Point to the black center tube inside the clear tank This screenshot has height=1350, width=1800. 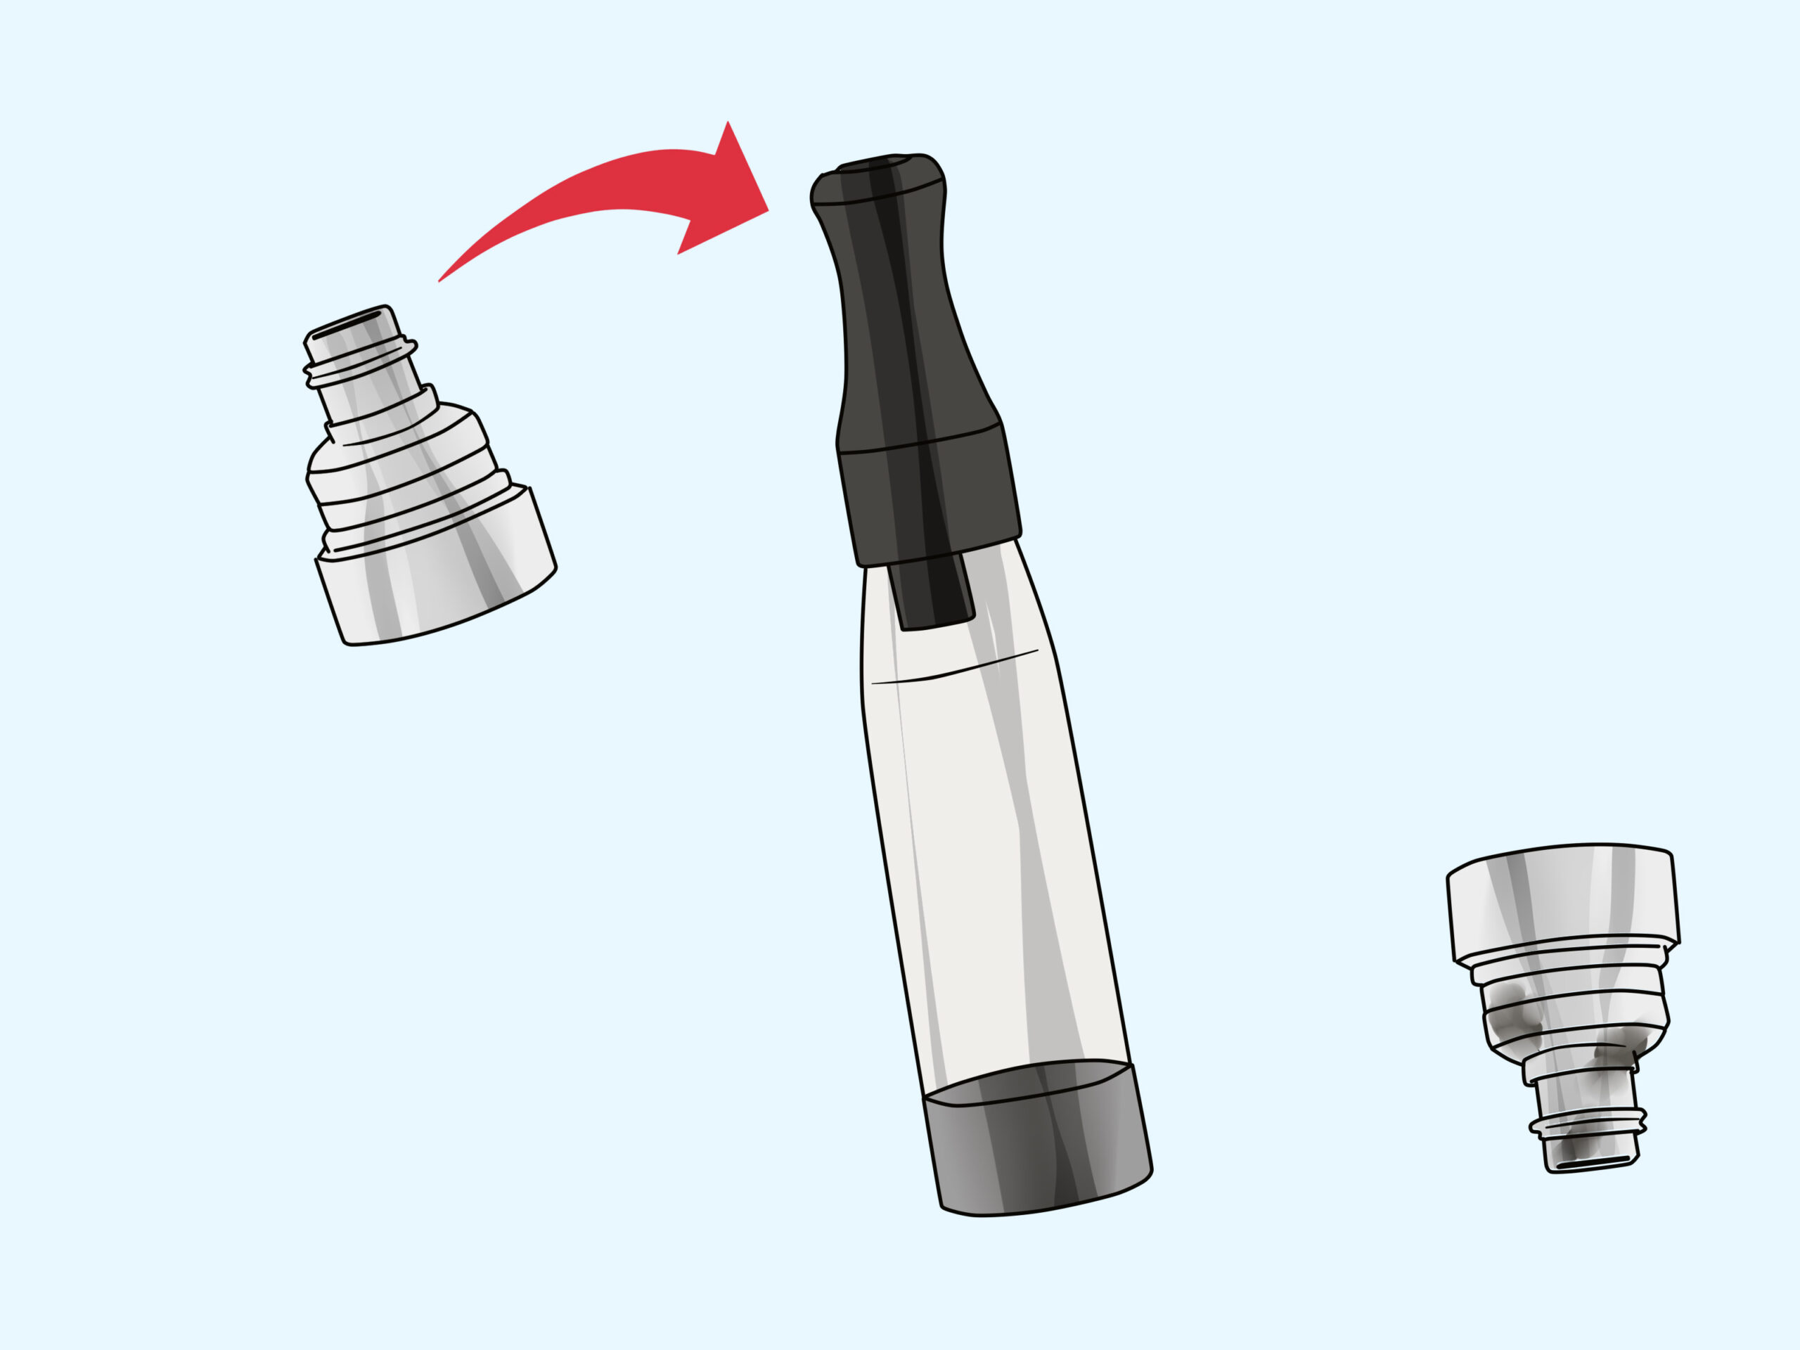coord(932,593)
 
